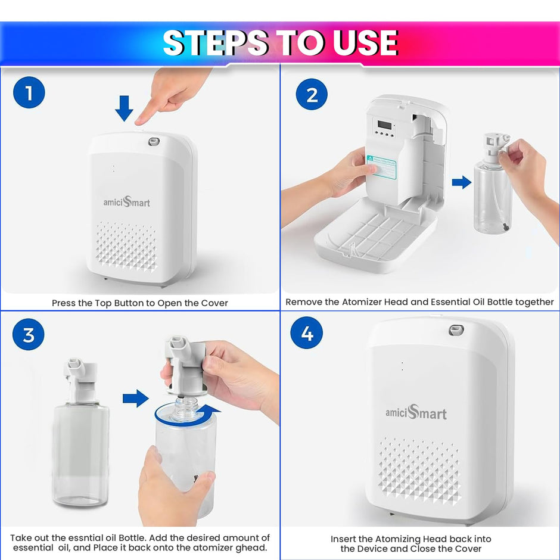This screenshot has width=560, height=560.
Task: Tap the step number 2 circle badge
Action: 312,95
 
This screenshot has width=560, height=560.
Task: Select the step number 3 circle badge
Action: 29,335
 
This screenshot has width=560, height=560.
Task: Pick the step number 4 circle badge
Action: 307,333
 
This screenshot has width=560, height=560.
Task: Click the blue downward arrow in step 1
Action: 124,107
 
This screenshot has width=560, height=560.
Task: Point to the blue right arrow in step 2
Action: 461,182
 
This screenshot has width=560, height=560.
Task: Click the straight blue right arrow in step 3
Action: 135,397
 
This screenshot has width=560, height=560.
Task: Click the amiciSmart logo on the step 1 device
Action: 126,202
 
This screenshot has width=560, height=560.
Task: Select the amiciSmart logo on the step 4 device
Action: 416,412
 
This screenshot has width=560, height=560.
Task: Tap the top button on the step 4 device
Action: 456,329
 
